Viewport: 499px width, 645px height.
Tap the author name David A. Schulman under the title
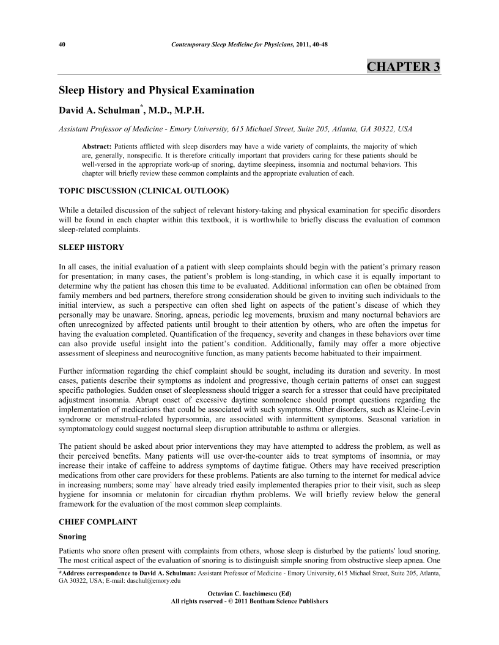(98, 111)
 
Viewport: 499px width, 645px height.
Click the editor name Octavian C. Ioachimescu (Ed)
(250, 594)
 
